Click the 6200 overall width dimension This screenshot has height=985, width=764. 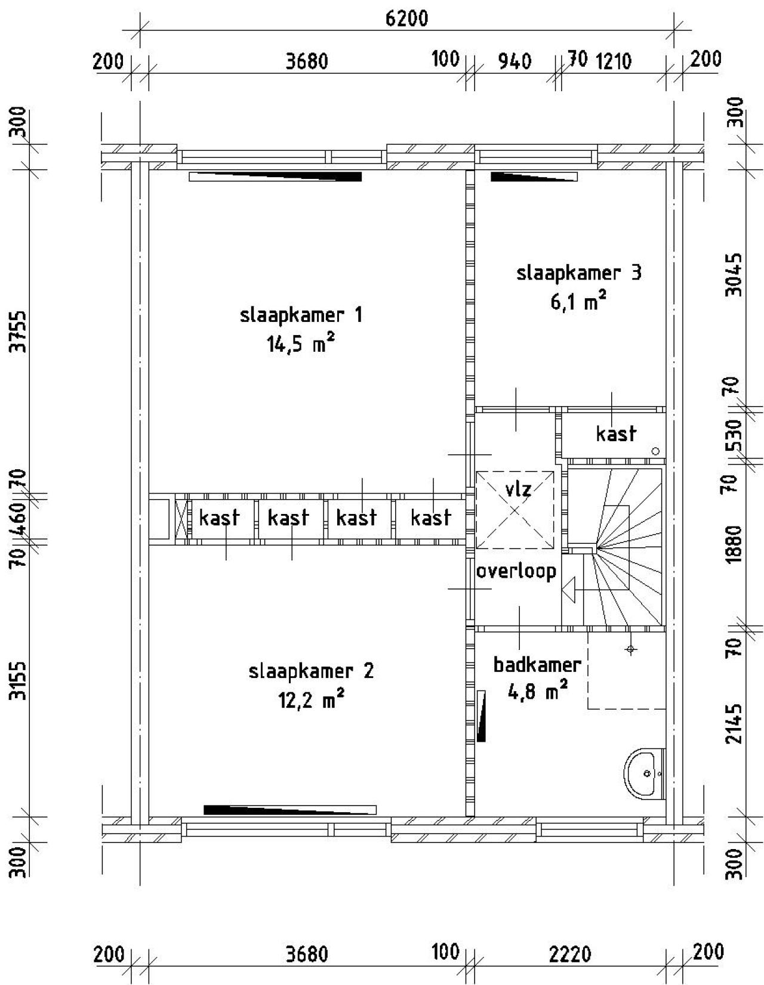pyautogui.click(x=406, y=18)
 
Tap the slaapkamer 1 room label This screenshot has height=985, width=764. pyautogui.click(x=301, y=315)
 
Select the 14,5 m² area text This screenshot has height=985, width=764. pyautogui.click(x=300, y=344)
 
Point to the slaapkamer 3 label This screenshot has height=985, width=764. pyautogui.click(x=578, y=273)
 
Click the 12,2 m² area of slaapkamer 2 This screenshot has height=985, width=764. pyautogui.click(x=311, y=700)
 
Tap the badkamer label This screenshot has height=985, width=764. pyautogui.click(x=537, y=664)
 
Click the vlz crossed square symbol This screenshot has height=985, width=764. pyautogui.click(x=515, y=510)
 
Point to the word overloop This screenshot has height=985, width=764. pyautogui.click(x=516, y=571)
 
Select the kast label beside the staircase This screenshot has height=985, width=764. pyautogui.click(x=616, y=433)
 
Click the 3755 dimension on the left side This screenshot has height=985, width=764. pyautogui.click(x=20, y=331)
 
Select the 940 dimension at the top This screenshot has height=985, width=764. pyautogui.click(x=514, y=61)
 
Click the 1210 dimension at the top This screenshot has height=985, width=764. pyautogui.click(x=614, y=61)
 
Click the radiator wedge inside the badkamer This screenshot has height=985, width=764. pyautogui.click(x=481, y=715)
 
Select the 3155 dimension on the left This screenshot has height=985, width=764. pyautogui.click(x=20, y=680)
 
